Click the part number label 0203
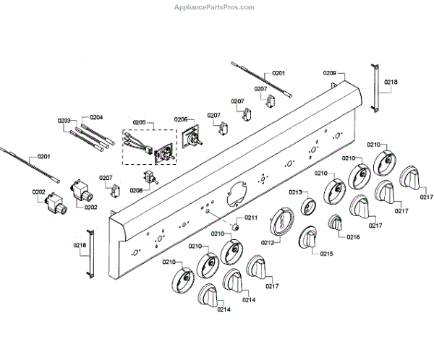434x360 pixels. coord(64,121)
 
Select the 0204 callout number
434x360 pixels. coord(96,117)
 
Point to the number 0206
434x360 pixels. coord(181,119)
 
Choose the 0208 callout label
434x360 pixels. coord(136,190)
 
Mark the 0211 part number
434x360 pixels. coord(250,217)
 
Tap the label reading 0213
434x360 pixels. coord(295,192)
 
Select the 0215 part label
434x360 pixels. coord(327,254)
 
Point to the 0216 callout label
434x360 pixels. coord(353,236)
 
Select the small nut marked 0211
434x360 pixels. coord(235,226)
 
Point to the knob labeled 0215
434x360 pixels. coord(310,239)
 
